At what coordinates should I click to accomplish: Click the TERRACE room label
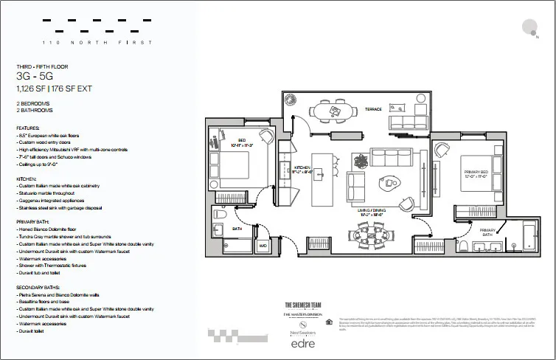tap(374, 109)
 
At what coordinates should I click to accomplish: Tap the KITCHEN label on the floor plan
tap(304, 169)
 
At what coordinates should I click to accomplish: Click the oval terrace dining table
tap(336, 111)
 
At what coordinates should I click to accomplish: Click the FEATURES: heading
tap(29, 128)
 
